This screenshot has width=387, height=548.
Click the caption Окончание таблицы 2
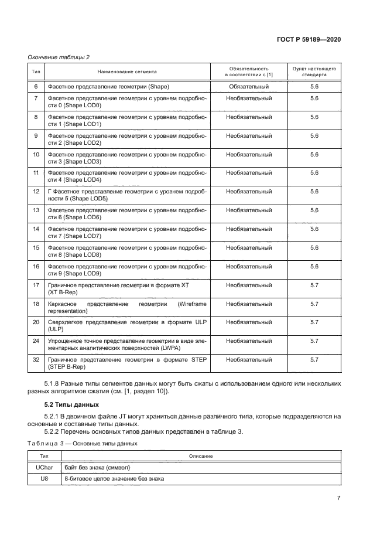[x=59, y=57]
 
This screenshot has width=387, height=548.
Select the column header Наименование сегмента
[x=127, y=72]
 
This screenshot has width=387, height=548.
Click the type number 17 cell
[x=36, y=285]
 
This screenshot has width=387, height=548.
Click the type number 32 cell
[x=36, y=359]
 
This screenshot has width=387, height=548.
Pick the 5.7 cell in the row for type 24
[x=314, y=341]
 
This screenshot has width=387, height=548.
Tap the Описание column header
[x=200, y=456]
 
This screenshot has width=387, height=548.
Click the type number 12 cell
[x=36, y=192]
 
